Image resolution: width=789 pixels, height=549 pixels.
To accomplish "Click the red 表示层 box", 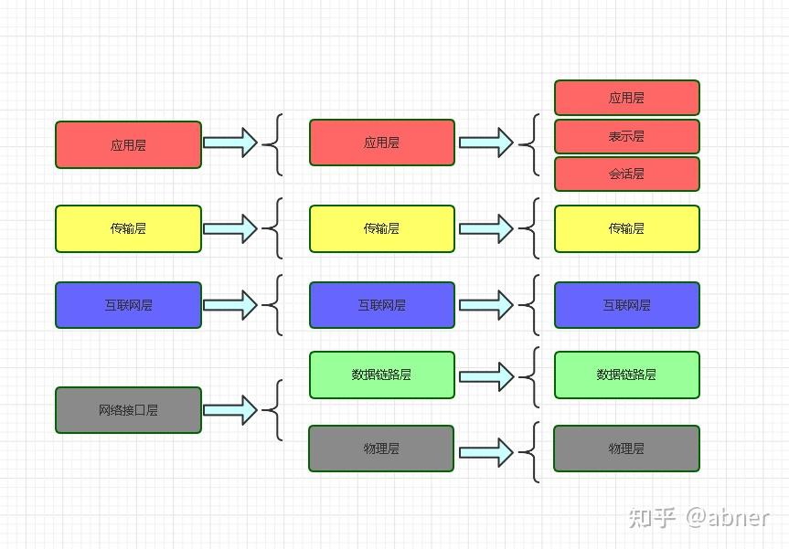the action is tap(627, 136).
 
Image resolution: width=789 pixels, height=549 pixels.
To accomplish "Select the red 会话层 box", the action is tap(627, 174).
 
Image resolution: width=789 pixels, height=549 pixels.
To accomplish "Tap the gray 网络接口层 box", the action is tap(128, 410).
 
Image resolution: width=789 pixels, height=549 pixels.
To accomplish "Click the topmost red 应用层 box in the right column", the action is tap(627, 98).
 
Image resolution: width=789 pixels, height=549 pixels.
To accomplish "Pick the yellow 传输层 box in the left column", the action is tap(128, 228).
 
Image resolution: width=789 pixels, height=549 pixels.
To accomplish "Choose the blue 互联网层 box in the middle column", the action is tap(382, 305).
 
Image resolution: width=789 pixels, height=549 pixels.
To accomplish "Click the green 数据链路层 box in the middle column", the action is tap(382, 375).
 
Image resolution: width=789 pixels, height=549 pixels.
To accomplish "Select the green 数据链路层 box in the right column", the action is tap(627, 375).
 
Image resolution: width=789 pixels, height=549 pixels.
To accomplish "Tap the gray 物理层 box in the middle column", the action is tap(381, 449).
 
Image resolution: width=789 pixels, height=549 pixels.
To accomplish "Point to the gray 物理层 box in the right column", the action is tap(626, 449).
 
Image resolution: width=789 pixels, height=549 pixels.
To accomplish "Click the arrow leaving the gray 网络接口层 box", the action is tap(230, 410).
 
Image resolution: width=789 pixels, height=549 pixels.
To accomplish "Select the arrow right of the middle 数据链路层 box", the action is tap(486, 376).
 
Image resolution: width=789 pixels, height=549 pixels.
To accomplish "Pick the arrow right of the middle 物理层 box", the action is tap(486, 452).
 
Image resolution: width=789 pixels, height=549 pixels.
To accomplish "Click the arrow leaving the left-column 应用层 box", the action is tap(230, 143).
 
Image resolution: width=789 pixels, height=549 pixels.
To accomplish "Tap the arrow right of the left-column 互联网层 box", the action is tap(230, 305).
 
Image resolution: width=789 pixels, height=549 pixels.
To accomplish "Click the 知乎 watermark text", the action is tap(652, 518).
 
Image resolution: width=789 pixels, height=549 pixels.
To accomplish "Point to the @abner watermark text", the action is tap(728, 518).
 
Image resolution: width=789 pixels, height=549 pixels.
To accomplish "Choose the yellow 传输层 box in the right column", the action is tap(627, 228).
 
